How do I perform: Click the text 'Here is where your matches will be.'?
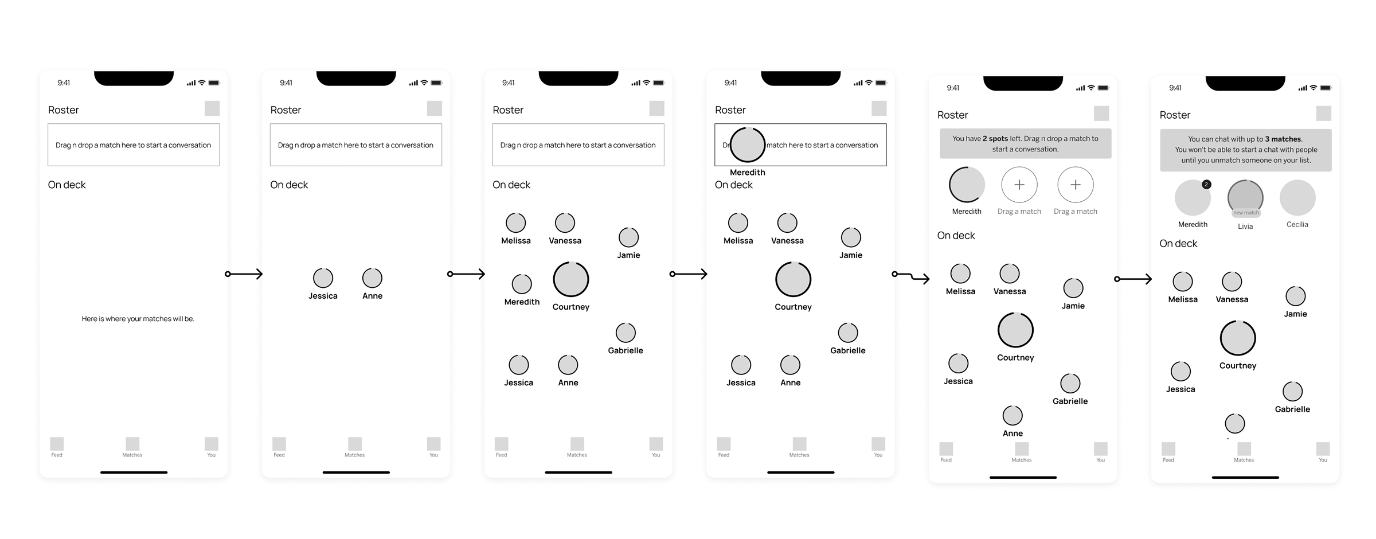pos(138,319)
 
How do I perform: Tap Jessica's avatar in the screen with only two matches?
pos(323,278)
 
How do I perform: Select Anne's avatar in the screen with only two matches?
pos(372,278)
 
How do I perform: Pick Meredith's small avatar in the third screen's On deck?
pos(522,284)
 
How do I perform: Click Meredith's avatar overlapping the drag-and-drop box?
pos(747,145)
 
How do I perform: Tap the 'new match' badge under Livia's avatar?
pos(1246,213)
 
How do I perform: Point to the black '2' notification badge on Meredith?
pos(1206,185)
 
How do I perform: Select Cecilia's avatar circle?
pos(1297,198)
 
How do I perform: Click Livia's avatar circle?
pos(1245,197)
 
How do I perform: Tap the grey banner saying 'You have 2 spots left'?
pos(1025,144)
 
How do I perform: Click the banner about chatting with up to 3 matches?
pos(1245,150)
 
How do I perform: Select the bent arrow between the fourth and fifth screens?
pos(912,277)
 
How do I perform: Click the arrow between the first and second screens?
pos(244,274)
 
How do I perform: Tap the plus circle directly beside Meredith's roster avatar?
pos(1019,185)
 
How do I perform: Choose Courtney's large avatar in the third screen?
pos(570,280)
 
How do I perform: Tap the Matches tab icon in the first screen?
pos(132,444)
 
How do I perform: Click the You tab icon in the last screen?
pos(1323,449)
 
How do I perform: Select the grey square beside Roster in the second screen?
pos(434,108)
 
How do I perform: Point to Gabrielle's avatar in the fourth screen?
pos(847,333)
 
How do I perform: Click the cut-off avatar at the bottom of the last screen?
pos(1235,424)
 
